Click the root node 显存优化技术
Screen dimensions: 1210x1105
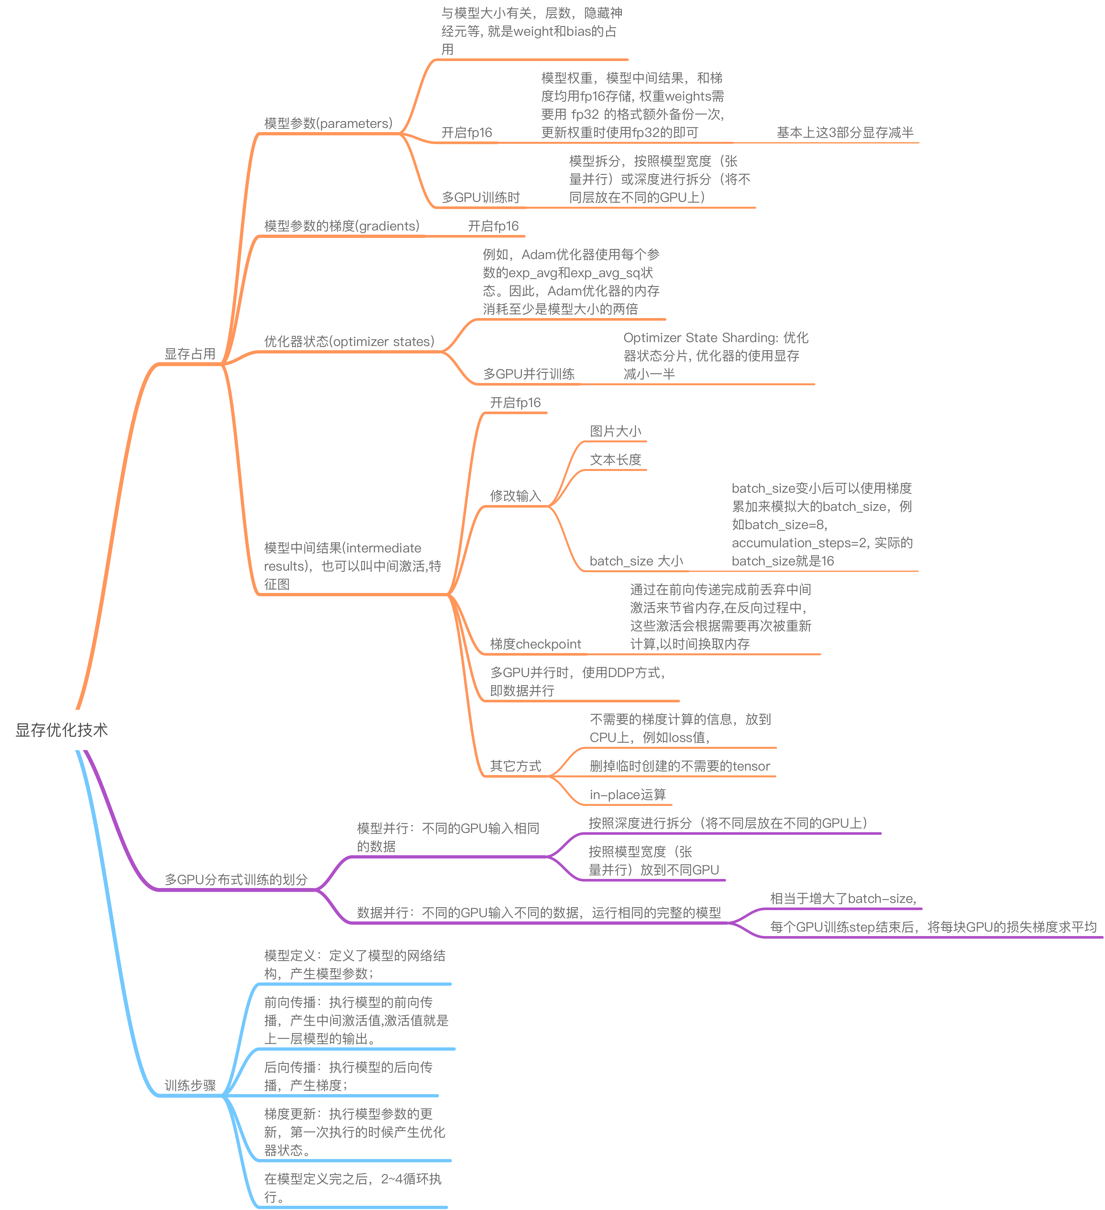click(62, 730)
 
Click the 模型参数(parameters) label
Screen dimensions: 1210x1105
click(328, 123)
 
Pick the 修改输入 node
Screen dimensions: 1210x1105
click(515, 496)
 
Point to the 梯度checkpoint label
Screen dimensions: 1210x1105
click(535, 644)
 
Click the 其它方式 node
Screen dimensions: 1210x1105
click(515, 766)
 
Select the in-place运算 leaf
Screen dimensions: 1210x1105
click(627, 795)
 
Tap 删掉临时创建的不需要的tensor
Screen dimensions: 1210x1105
click(680, 766)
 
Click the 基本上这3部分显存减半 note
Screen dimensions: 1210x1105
click(845, 133)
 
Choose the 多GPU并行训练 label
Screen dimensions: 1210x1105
click(528, 374)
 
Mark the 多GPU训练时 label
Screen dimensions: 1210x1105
click(480, 197)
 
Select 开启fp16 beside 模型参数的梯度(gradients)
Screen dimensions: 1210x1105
click(493, 226)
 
